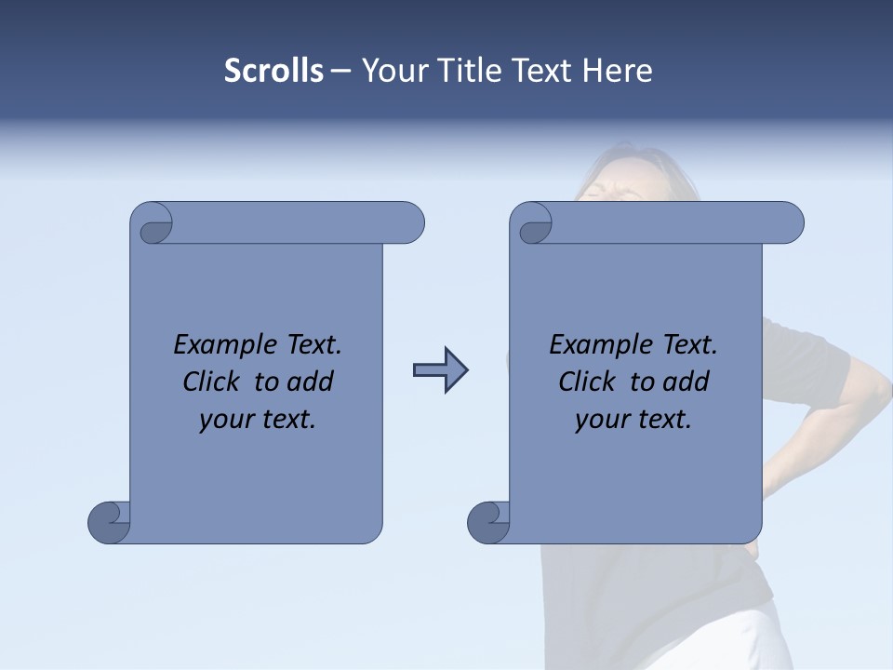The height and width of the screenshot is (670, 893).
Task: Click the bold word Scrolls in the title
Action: click(x=273, y=71)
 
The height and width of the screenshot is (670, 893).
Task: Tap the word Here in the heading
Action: click(x=617, y=71)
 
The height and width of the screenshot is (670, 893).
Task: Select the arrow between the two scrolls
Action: click(x=440, y=370)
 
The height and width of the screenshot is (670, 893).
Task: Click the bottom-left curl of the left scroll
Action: click(x=109, y=521)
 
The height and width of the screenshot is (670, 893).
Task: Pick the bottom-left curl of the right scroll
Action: click(x=488, y=521)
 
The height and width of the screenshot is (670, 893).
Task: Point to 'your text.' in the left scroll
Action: click(x=258, y=420)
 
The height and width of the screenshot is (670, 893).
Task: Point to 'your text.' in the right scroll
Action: click(x=633, y=420)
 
